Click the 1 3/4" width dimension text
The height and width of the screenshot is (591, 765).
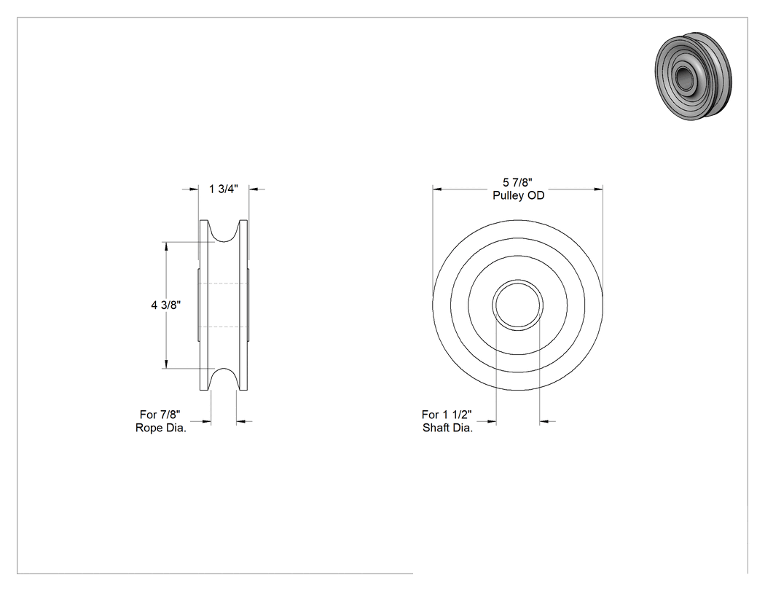click(x=224, y=189)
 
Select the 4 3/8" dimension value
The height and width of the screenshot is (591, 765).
click(x=166, y=305)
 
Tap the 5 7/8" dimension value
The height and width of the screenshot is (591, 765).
click(x=517, y=182)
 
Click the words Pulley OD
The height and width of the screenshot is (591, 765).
click(x=518, y=195)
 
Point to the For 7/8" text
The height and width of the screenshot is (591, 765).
click(x=160, y=415)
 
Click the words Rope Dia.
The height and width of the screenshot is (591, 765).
click(x=161, y=428)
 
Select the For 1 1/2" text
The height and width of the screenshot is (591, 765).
click(x=447, y=415)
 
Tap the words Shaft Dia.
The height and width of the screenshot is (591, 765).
click(x=448, y=428)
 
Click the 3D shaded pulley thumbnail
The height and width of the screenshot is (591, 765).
click(x=694, y=76)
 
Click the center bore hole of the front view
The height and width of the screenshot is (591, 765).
click(x=517, y=305)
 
